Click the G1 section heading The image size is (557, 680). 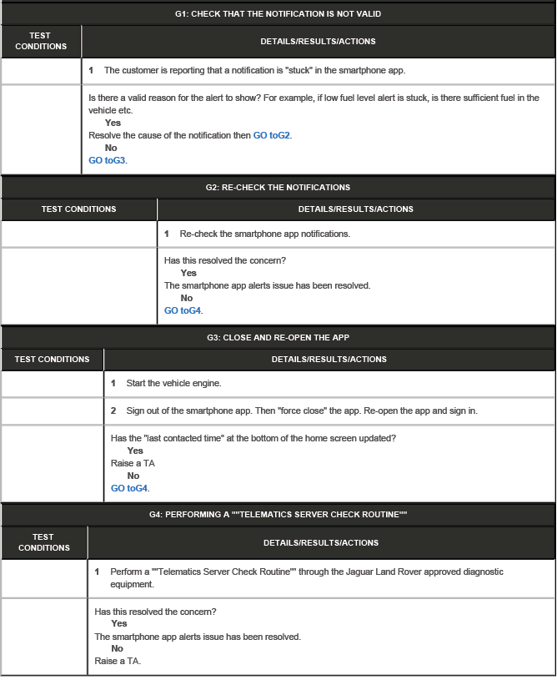click(x=278, y=14)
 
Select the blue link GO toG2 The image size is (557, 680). click(x=272, y=135)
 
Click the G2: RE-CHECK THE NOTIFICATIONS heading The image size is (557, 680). click(x=278, y=187)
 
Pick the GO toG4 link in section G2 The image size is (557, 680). click(x=183, y=310)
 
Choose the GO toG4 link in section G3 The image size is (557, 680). click(x=129, y=488)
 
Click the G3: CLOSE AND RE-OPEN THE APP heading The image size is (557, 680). click(x=278, y=337)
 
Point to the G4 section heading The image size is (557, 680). click(x=278, y=514)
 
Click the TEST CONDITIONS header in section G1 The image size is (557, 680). click(x=41, y=41)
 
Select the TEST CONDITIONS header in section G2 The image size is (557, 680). click(x=79, y=209)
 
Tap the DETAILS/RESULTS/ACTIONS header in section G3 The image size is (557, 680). click(x=329, y=360)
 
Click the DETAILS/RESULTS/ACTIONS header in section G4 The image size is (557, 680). click(x=321, y=542)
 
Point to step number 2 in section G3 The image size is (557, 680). click(x=114, y=411)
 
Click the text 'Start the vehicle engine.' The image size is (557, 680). click(x=173, y=383)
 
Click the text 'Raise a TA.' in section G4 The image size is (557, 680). click(x=118, y=661)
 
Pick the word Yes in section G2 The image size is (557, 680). click(x=188, y=273)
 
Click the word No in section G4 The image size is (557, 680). click(x=117, y=648)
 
